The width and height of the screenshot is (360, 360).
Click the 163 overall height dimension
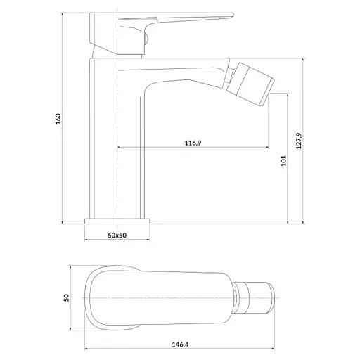pos(58,119)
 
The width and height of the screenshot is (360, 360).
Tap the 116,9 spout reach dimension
pos(193,143)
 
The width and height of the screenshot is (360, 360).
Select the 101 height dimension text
pos(283,160)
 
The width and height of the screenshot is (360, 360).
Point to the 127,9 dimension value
pos(299,141)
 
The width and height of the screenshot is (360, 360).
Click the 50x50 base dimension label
pos(117,235)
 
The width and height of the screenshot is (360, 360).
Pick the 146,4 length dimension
pos(181,345)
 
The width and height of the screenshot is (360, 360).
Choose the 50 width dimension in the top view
pos(67,297)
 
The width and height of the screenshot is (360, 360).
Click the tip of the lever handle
pos(233,15)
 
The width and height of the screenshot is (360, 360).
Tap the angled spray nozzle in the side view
pos(250,84)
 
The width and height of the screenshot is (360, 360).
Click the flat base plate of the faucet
pos(117,221)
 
